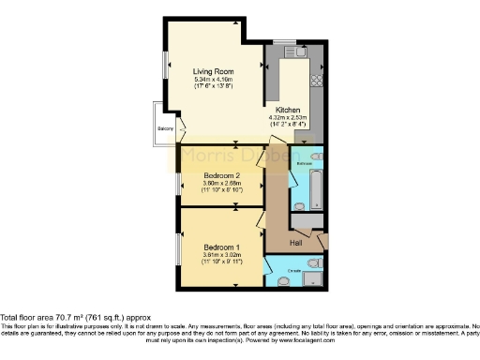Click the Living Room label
[x=214, y=71]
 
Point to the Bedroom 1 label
[x=222, y=247]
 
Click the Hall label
[x=296, y=241]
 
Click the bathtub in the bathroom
[x=316, y=188]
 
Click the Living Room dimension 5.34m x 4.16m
[x=214, y=80]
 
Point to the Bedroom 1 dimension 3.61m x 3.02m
[x=222, y=255]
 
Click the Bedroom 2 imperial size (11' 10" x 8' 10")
[x=223, y=190]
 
